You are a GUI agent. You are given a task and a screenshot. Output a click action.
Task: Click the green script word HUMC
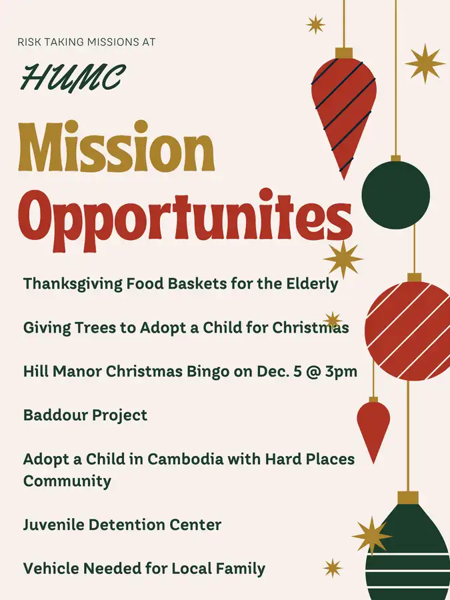point(72,78)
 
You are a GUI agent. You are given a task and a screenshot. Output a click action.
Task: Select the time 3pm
point(340,372)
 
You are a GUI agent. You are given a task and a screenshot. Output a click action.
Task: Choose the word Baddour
point(53,415)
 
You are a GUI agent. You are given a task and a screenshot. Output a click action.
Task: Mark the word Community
point(67,481)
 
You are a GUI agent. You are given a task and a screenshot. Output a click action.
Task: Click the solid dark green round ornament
point(396,194)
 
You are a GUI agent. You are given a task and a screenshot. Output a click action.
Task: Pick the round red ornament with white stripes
point(407,331)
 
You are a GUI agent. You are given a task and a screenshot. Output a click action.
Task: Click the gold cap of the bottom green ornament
point(408,497)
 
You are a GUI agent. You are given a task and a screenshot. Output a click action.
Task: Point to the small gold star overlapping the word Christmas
point(332,319)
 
